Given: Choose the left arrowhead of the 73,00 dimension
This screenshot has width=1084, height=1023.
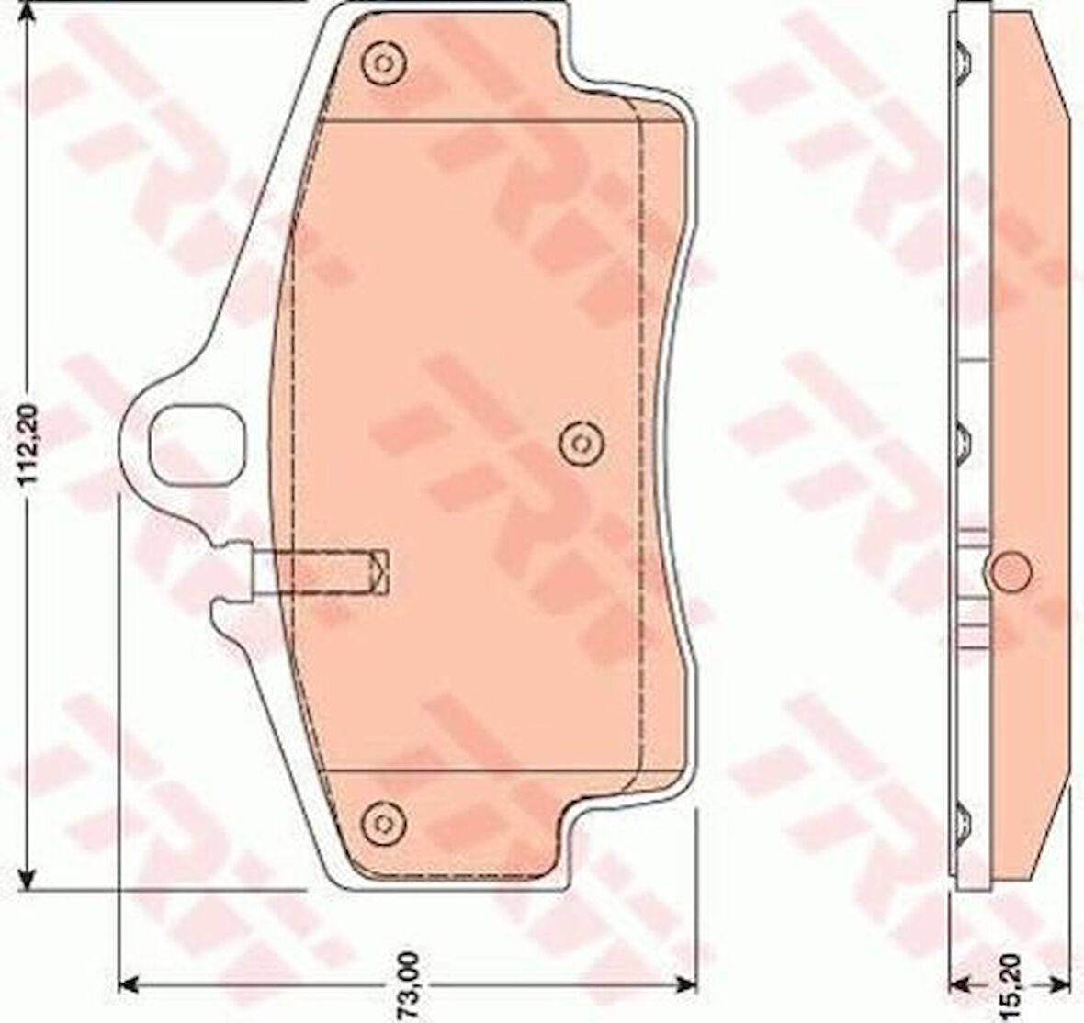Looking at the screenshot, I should pos(130,956).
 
